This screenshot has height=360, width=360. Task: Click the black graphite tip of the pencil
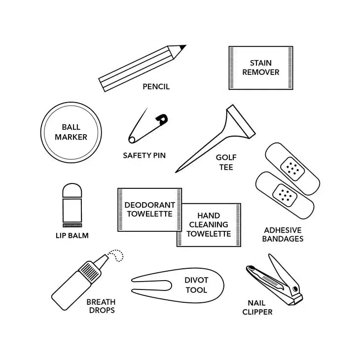pyautogui.click(x=183, y=47)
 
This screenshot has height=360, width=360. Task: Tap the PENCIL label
pyautogui.click(x=156, y=87)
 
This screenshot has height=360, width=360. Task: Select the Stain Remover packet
pyautogui.click(x=261, y=68)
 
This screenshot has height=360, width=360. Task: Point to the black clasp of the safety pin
pyautogui.click(x=162, y=119)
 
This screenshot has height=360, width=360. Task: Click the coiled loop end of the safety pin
pyautogui.click(x=132, y=140)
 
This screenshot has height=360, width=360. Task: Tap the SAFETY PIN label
pyautogui.click(x=144, y=155)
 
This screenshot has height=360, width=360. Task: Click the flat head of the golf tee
pyautogui.click(x=241, y=121)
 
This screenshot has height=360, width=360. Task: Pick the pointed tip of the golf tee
pyautogui.click(x=177, y=171)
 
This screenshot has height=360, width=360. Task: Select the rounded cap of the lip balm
pyautogui.click(x=72, y=190)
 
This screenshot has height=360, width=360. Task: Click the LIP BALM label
pyautogui.click(x=72, y=236)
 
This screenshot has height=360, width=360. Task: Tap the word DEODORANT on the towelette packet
pyautogui.click(x=150, y=205)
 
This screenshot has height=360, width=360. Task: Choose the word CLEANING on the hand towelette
pyautogui.click(x=209, y=224)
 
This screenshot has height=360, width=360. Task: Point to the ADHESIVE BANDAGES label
pyautogui.click(x=283, y=234)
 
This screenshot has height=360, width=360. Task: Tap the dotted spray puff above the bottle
pyautogui.click(x=116, y=255)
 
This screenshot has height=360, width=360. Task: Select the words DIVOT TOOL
pyautogui.click(x=197, y=285)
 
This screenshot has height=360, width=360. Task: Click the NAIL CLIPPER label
pyautogui.click(x=257, y=307)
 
